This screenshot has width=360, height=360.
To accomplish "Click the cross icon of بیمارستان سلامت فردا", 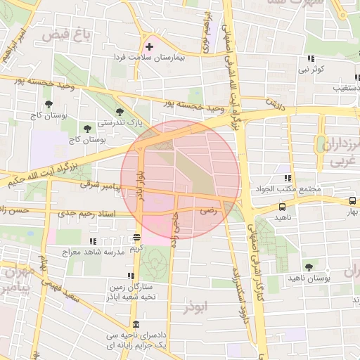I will point(149,46).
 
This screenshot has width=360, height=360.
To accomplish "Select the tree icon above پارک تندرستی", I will point(120,111).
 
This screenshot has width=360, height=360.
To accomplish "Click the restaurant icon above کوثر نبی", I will point(310,59).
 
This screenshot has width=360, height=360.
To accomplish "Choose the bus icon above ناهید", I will point(282,207).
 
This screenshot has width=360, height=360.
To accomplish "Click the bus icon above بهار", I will point(352,200).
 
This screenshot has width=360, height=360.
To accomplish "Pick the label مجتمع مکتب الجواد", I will point(290,189).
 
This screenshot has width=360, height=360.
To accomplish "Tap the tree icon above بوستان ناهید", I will point(309,267).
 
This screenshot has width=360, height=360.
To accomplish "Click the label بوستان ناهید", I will point(309,278).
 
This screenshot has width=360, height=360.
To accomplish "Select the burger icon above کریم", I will point(136,238).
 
